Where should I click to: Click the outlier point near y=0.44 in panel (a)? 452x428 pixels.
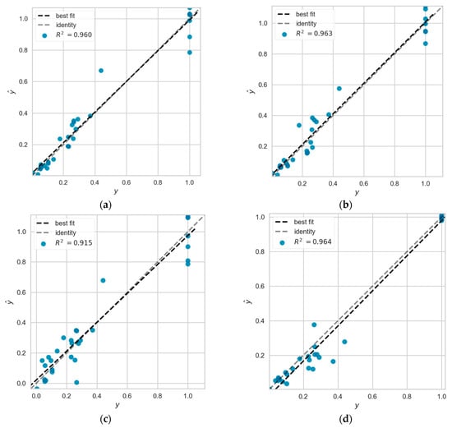(x=101, y=71)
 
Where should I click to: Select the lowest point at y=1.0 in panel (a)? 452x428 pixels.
(x=190, y=53)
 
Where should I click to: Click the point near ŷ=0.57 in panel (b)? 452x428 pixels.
(x=339, y=89)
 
